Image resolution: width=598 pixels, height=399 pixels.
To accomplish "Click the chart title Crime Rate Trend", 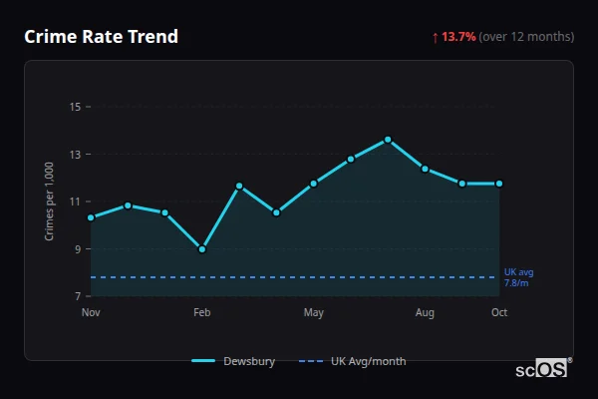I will click(102, 37).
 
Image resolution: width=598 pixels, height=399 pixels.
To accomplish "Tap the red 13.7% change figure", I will click(459, 37).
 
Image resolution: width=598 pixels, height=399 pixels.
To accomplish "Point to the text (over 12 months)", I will click(526, 37).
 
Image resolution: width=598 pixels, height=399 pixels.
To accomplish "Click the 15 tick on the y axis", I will click(75, 107).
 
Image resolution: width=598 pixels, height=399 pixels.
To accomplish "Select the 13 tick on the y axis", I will click(75, 155).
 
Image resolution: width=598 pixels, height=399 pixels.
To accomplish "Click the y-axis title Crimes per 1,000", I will click(50, 201).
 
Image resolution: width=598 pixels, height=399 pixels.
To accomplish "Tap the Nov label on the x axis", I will click(91, 313).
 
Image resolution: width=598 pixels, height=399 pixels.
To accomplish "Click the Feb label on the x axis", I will click(202, 313).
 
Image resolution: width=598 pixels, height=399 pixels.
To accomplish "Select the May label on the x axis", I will click(314, 313).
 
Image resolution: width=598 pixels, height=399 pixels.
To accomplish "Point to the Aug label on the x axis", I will click(425, 313).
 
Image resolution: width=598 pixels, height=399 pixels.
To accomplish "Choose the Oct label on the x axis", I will click(499, 313).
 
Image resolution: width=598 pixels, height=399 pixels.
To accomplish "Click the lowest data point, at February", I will click(202, 249).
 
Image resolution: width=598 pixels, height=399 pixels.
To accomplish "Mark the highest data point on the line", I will click(388, 140).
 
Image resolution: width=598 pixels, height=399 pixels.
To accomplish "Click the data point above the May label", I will click(314, 184).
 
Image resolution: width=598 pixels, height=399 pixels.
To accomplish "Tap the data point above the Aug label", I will click(425, 169).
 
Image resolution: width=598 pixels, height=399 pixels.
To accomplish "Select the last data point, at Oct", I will click(499, 184).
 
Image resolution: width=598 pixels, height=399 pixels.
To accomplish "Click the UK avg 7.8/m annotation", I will click(518, 277).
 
